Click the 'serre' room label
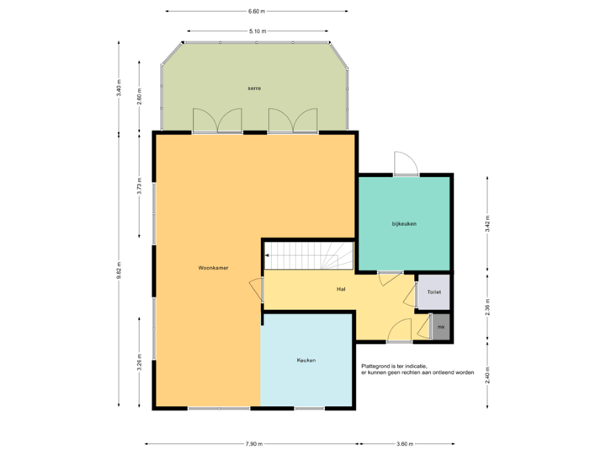point(254,88)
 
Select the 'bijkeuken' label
point(404,223)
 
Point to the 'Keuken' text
point(306,360)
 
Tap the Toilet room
point(433,292)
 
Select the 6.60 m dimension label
point(257,11)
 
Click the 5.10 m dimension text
point(257,31)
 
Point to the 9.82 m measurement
point(119,270)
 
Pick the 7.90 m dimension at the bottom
point(253,443)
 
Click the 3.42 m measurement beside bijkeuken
point(487,223)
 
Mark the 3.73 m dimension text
point(140,185)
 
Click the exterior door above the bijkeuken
point(404,163)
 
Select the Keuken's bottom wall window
point(309,409)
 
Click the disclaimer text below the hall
point(417,369)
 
